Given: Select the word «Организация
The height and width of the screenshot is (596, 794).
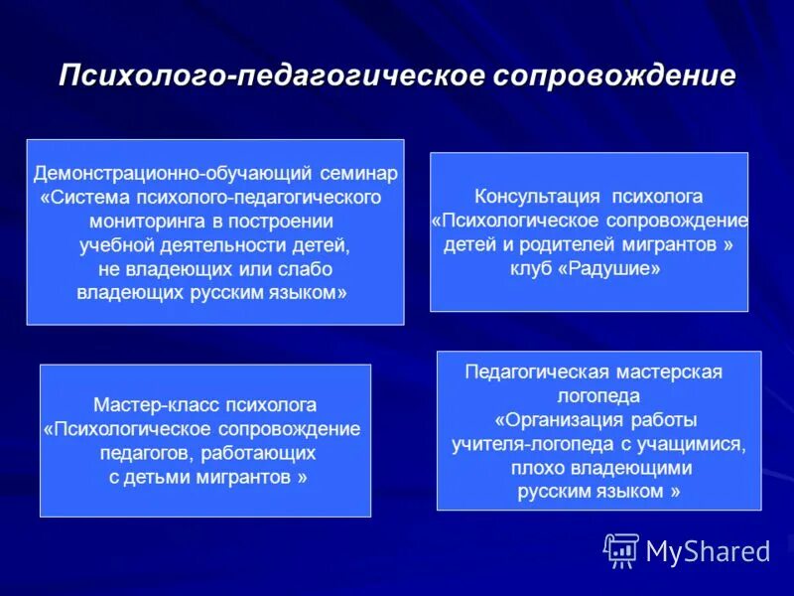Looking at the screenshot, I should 549,419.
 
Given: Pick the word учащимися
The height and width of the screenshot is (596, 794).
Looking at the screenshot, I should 689,443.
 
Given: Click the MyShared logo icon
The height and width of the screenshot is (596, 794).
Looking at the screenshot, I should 621,549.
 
